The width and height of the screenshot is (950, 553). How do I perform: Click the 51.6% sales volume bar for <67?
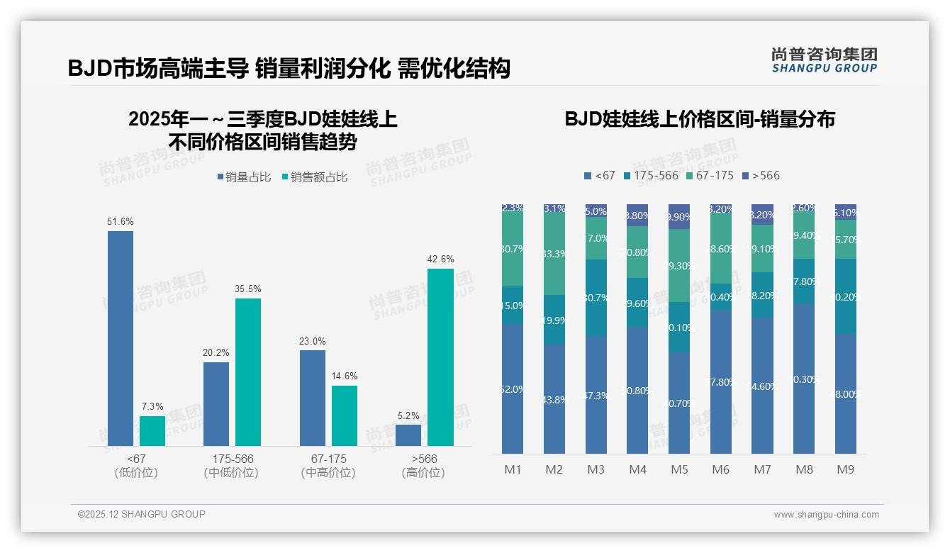[x=121, y=338]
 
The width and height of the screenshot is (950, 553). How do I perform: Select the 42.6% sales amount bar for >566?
[x=440, y=357]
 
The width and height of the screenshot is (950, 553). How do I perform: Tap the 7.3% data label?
[x=152, y=406]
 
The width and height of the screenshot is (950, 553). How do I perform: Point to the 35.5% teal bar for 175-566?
[x=248, y=372]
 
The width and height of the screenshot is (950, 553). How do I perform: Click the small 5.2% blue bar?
[x=408, y=435]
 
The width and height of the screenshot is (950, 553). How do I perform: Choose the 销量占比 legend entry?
[x=245, y=177]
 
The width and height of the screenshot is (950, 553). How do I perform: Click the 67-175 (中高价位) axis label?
[x=328, y=466]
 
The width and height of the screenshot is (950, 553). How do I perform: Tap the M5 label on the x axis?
[x=678, y=469]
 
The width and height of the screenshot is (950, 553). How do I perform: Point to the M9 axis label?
[x=845, y=469]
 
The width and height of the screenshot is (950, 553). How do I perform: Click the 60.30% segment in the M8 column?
[x=803, y=379]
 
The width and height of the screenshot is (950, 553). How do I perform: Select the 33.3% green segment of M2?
[x=554, y=254]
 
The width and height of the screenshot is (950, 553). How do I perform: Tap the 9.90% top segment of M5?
[x=678, y=216]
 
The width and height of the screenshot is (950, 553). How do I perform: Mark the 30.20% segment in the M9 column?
[x=845, y=296]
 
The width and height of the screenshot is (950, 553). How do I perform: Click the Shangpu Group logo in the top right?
[x=824, y=60]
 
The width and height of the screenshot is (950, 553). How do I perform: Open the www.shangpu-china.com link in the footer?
[x=826, y=515]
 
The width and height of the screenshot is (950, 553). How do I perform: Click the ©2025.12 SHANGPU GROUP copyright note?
[x=142, y=514]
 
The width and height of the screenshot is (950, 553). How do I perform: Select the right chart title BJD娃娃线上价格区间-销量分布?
[x=700, y=119]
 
